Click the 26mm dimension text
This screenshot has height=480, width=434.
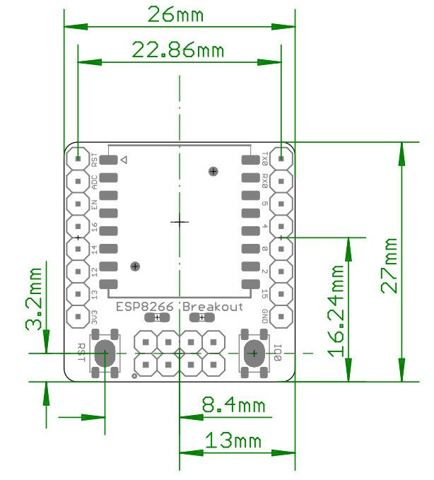178,14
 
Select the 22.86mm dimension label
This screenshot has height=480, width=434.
177,50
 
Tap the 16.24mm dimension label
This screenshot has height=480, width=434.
337,310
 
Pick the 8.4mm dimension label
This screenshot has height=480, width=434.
233,405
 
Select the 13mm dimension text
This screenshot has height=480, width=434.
233,440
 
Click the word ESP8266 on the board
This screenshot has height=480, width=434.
146,307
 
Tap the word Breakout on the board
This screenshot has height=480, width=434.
213,307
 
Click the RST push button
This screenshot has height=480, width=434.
105,353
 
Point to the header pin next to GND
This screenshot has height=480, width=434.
281,315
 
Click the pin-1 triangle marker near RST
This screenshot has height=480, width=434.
124,160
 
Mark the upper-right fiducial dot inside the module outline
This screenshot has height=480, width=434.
213,170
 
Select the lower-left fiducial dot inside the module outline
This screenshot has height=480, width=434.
135,266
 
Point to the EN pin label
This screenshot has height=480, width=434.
94,206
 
